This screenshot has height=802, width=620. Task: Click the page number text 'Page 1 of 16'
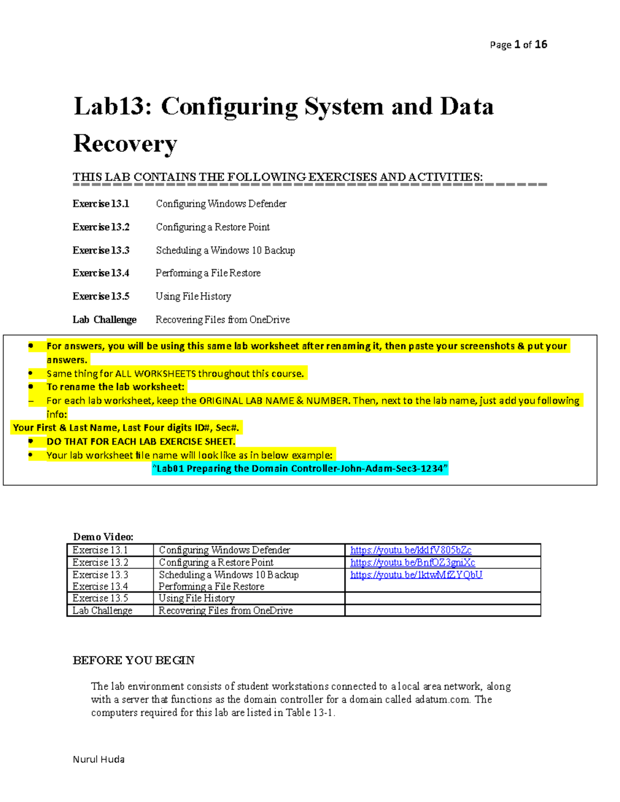point(518,45)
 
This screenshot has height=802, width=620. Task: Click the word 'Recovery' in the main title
point(125,144)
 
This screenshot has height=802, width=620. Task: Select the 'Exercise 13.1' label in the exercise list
point(101,204)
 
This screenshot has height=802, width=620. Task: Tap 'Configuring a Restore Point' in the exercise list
point(212,227)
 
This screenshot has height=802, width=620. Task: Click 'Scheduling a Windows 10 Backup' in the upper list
point(225,250)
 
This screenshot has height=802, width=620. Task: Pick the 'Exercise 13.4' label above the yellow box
point(101,273)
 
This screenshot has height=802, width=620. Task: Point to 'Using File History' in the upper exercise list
point(193,296)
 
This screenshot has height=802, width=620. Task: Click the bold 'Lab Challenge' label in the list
point(104,320)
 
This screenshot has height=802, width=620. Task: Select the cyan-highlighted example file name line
point(300,468)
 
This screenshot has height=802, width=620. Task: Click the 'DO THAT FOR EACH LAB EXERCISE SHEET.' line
point(141,442)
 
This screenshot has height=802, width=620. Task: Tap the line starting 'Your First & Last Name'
point(126,428)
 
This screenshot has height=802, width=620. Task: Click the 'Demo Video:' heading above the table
point(103,537)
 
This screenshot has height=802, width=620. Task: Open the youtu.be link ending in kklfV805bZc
point(411,550)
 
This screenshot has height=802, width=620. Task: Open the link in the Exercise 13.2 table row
point(412,562)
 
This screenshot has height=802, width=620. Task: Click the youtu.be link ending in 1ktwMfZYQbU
point(416,575)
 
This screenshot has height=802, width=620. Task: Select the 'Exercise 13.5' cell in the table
point(100,598)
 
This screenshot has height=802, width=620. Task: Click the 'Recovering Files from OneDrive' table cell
point(225,610)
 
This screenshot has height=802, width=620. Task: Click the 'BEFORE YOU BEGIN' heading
point(133,661)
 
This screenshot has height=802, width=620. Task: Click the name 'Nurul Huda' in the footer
point(99,759)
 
